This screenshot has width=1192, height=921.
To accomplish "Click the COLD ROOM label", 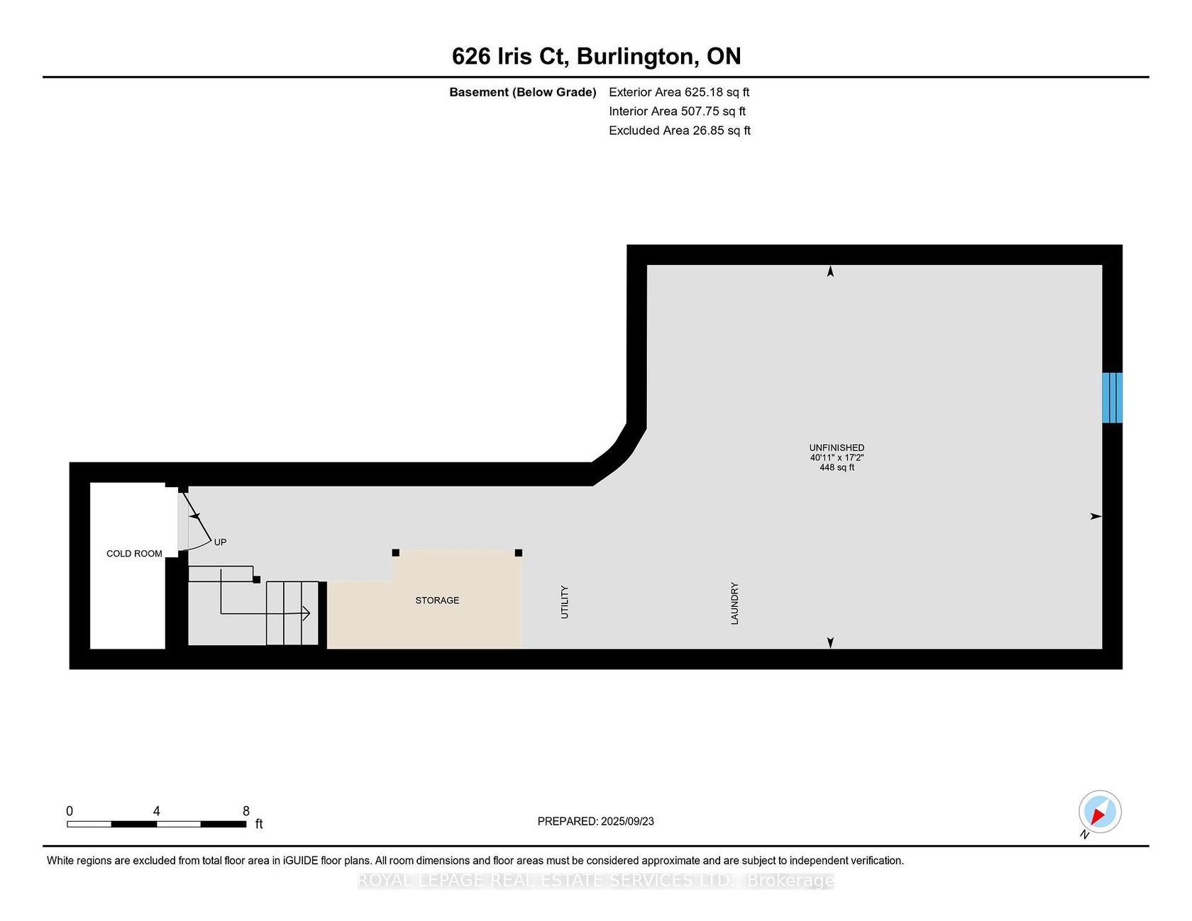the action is [134, 554].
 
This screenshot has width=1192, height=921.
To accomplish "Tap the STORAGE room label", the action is [437, 601].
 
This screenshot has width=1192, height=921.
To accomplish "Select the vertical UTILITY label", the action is [565, 602].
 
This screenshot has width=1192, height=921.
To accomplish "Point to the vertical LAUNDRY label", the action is [734, 603].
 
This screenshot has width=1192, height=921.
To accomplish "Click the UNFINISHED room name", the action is [837, 448].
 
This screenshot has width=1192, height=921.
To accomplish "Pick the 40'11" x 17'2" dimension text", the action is [837, 458].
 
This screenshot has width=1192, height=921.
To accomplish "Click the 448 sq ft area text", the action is [837, 468].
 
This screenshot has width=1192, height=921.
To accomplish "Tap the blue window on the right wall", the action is [1112, 398].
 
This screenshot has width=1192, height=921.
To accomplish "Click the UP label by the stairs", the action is [220, 542].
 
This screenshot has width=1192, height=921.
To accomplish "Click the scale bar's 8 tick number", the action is [246, 811].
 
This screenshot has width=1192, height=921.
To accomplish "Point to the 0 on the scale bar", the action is [70, 811].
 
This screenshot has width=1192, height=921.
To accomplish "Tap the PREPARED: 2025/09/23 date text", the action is [596, 822].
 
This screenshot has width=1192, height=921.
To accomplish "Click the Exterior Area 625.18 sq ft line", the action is [679, 92].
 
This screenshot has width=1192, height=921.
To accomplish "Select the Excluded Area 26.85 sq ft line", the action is [680, 130].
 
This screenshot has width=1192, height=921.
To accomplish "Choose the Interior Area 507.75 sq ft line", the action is [678, 111].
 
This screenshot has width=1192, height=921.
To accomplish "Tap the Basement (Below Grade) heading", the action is [523, 92].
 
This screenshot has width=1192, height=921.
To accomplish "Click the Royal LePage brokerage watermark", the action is [596, 881].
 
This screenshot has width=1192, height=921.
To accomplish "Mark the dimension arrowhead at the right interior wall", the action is [1096, 516].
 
